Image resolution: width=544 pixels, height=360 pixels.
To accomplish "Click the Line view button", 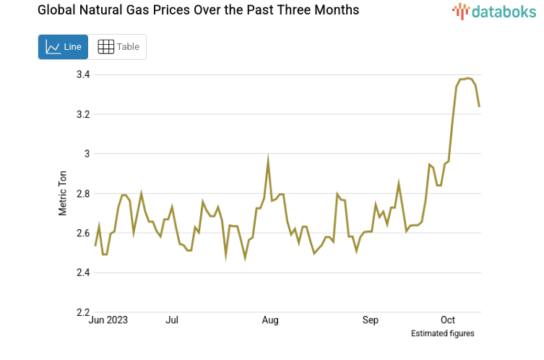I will click(x=63, y=47).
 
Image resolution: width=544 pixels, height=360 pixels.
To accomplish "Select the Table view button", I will click(x=118, y=47).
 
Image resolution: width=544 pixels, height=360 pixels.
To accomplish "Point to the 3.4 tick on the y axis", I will click(x=82, y=74).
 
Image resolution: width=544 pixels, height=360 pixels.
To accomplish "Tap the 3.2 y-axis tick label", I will click(x=82, y=114).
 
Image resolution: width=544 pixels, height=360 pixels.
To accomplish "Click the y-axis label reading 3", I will click(x=87, y=154).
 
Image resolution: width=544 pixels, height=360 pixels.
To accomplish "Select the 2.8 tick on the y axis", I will click(x=82, y=194).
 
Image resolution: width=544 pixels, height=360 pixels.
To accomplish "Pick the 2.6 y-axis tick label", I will click(x=82, y=233).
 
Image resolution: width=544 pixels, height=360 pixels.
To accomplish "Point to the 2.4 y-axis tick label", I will click(x=82, y=273).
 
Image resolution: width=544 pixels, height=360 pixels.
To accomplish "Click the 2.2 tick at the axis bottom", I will click(x=82, y=312).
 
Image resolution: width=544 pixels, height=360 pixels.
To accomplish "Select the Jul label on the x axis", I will click(x=172, y=320).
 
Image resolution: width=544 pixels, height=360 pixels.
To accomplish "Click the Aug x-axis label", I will click(x=270, y=320).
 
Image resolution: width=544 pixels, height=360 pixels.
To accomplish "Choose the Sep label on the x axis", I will click(x=371, y=320).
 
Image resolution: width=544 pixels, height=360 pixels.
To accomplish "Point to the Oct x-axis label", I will click(x=448, y=320).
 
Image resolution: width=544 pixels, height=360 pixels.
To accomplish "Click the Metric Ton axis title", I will click(x=63, y=193).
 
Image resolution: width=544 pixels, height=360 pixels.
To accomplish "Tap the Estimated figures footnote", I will click(x=442, y=334).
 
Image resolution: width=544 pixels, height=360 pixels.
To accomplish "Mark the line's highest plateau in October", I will click(x=467, y=78).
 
